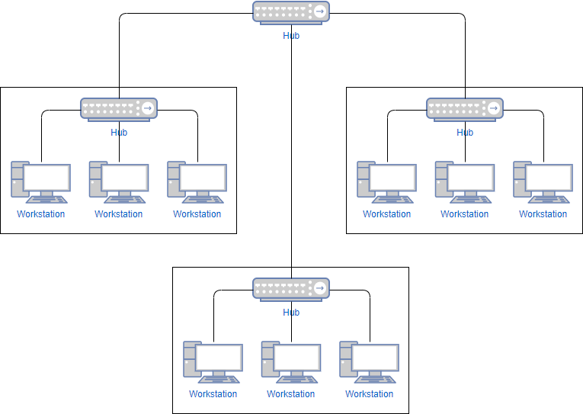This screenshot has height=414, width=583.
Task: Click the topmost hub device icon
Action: click(x=291, y=12)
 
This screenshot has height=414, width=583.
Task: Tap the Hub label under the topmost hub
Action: click(x=291, y=35)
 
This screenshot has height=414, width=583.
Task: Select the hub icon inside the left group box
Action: click(x=119, y=109)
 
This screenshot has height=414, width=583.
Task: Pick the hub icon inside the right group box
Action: click(x=465, y=109)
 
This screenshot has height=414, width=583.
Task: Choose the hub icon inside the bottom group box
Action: click(x=291, y=289)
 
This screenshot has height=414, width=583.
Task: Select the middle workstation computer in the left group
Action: click(x=119, y=182)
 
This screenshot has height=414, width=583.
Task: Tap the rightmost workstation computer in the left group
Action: click(x=197, y=182)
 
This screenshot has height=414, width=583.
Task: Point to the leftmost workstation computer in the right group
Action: click(x=387, y=182)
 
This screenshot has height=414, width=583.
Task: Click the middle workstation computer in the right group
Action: click(x=465, y=182)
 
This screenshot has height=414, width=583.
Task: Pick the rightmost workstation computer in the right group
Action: click(x=543, y=182)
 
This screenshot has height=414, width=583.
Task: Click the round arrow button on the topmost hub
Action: click(x=321, y=11)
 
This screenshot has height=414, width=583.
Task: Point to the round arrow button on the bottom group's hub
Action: click(x=321, y=288)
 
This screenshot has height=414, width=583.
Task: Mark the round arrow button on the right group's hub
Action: click(x=494, y=108)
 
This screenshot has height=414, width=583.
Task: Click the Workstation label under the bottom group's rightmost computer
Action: click(x=370, y=394)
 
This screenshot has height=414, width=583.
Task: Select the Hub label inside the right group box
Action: click(x=465, y=133)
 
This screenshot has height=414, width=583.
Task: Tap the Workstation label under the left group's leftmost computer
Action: click(x=41, y=214)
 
